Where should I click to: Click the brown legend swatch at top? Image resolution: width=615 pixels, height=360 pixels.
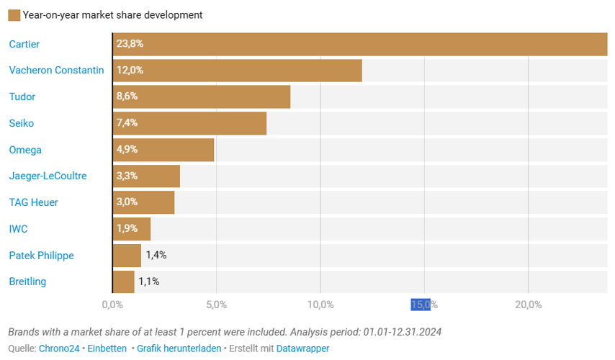point(14,15)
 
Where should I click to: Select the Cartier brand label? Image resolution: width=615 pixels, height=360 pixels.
point(24,45)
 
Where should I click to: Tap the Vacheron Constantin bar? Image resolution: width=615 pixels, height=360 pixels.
point(238,71)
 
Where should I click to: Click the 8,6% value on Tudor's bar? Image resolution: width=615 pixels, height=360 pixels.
point(127,96)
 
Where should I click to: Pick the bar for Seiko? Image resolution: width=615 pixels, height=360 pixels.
point(190,123)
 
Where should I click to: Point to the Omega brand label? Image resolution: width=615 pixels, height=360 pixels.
point(25,150)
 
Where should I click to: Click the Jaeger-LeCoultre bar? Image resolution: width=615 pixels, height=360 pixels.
point(147,176)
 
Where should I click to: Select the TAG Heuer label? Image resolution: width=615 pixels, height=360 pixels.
point(33,202)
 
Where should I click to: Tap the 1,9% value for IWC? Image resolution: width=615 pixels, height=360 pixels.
point(127,229)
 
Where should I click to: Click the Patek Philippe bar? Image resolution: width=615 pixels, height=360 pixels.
point(127,255)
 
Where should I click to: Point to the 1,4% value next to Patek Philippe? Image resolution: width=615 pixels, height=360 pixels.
point(156,255)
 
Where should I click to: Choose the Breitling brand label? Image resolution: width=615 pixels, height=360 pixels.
point(27,282)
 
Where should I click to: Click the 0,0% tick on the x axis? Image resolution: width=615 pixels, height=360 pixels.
point(112,305)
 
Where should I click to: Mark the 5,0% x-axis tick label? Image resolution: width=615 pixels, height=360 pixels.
point(216,305)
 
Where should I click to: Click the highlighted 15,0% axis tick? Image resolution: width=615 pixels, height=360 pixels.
point(421,305)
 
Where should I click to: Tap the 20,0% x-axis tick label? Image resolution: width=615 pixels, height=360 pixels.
point(528,305)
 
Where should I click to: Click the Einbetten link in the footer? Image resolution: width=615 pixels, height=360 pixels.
point(107,348)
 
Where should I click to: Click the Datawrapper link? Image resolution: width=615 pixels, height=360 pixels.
point(302,348)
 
